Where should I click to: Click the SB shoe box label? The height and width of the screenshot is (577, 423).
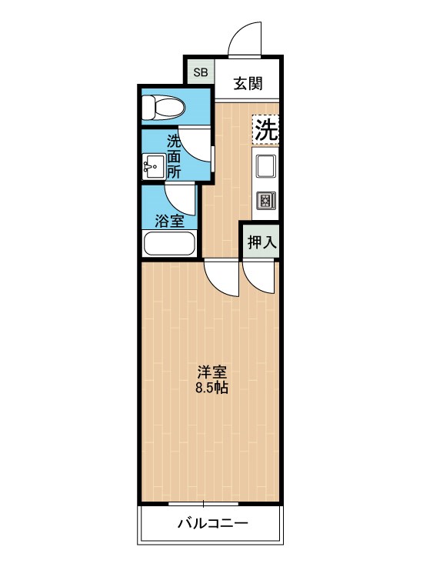[x=200, y=74]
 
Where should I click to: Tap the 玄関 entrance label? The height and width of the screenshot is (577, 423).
[x=248, y=83]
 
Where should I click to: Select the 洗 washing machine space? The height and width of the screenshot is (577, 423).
[x=265, y=129]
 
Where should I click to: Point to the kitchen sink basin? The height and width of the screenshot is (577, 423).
[x=266, y=166]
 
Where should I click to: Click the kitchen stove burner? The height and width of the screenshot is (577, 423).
[x=266, y=201]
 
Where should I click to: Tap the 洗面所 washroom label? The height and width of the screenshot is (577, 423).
[x=175, y=156]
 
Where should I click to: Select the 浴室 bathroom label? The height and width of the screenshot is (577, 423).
[x=169, y=222]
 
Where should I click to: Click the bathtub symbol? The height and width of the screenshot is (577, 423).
[x=170, y=244]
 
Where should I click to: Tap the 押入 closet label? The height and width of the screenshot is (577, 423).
[x=261, y=242]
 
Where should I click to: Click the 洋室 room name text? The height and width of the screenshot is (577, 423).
[x=211, y=371]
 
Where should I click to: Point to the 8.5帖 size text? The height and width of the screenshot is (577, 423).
[x=211, y=387]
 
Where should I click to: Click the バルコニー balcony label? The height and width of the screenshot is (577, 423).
[x=212, y=525]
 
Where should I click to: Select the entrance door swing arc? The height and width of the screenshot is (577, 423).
[x=244, y=40]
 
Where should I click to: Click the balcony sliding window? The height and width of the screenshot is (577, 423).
[x=204, y=504]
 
